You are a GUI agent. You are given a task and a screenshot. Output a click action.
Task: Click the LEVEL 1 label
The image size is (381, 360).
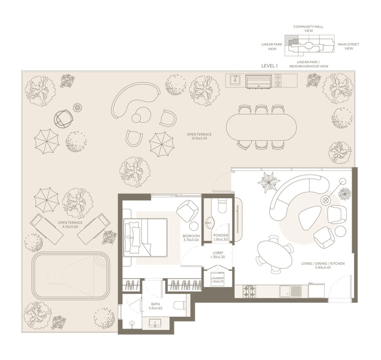[269, 66]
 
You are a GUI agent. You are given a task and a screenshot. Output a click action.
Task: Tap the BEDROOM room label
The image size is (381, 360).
[191, 236]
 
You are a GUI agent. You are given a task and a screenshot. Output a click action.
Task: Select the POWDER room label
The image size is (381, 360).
[221, 235]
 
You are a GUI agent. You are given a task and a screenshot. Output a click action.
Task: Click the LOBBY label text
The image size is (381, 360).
[218, 253]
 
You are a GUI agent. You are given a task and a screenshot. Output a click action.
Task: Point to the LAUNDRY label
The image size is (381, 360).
[218, 278]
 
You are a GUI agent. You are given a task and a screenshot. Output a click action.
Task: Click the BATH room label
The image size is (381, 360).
[155, 304]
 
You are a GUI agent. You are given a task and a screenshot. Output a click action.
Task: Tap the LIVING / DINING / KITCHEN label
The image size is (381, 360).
[323, 263]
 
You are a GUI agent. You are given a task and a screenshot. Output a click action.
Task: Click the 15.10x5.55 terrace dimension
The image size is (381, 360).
[199, 138]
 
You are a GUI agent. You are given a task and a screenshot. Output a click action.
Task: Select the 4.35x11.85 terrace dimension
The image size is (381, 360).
[70, 227]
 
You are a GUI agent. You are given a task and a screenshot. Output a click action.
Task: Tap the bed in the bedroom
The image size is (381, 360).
[145, 238]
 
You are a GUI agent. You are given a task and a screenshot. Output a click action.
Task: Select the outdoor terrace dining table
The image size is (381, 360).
[261, 127]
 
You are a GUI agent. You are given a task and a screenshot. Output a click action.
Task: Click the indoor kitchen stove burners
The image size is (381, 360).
[249, 291]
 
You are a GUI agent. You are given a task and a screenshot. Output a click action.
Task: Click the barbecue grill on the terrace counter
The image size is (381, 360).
[259, 81]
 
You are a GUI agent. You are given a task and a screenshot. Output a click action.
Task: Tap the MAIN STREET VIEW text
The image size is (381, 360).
[348, 46]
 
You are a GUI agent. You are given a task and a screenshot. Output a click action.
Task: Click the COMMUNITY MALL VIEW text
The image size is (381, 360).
[308, 29]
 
